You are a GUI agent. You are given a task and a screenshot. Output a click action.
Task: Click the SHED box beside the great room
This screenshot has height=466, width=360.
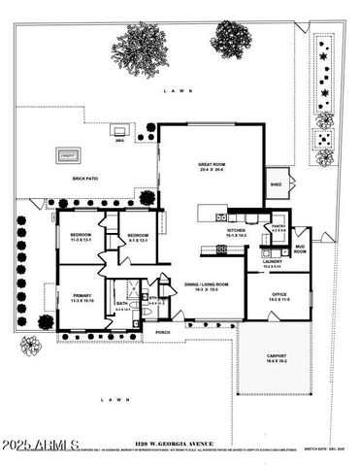[x=276, y=184]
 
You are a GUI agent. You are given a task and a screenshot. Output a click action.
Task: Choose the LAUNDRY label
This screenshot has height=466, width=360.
[x=272, y=262]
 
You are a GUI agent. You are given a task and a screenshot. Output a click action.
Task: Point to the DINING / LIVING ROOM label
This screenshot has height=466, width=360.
[x=206, y=285]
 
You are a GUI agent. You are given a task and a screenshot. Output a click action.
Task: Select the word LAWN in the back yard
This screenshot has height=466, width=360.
[x=178, y=90]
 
